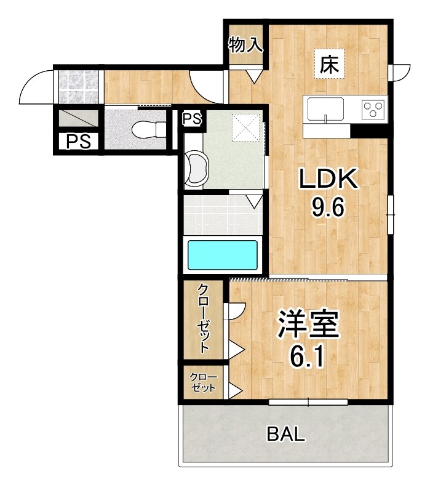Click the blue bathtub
[222, 254]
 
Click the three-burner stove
[372, 109]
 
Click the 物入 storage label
[245, 44]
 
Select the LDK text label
[328, 179]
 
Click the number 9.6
[328, 207]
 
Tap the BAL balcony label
[285, 434]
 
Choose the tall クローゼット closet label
[204, 318]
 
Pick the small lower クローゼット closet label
[203, 382]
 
